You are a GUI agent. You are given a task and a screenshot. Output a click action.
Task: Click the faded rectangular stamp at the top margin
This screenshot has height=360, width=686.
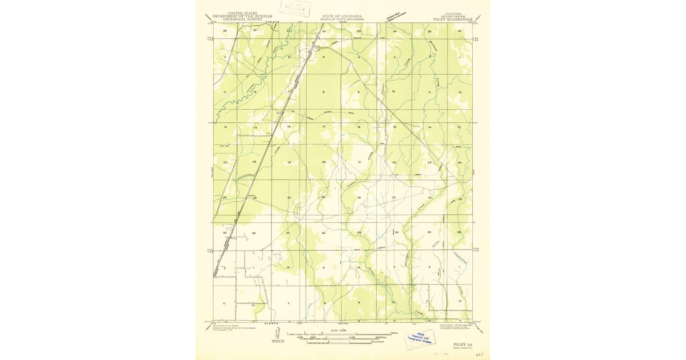tap(292, 7)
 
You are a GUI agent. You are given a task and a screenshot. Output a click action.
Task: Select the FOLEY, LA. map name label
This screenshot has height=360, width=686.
tap(462, 345)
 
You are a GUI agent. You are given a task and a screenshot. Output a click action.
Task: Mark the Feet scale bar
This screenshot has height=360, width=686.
tap(342, 338)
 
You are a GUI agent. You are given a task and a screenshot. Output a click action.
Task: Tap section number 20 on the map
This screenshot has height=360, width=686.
tap(324, 162)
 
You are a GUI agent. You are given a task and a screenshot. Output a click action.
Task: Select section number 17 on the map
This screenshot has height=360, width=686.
tap(324, 126)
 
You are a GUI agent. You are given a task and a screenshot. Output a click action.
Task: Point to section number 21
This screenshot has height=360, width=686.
tap(359, 162)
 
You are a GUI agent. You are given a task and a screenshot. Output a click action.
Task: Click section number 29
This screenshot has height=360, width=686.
tap(323, 197)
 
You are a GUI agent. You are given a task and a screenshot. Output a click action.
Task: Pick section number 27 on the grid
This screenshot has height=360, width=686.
tap(394, 197)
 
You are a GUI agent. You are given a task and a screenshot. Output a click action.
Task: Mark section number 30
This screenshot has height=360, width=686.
tap(289, 198)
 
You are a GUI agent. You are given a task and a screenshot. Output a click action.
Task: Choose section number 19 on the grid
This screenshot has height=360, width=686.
tap(289, 163)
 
